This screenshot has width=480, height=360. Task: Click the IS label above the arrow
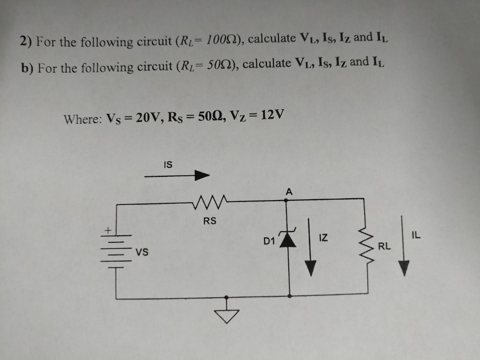pos(167,165)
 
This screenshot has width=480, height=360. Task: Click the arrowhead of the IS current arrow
pos(202,176)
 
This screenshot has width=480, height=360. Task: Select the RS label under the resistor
pos(210,221)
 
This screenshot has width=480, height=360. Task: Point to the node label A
pos(289,191)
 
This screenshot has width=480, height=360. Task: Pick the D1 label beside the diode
pos(269,242)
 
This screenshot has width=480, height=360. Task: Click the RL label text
pos(384,245)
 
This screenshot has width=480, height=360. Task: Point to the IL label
pos(415,235)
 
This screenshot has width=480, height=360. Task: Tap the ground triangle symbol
pos(226,315)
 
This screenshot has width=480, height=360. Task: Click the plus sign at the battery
pos(107,230)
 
